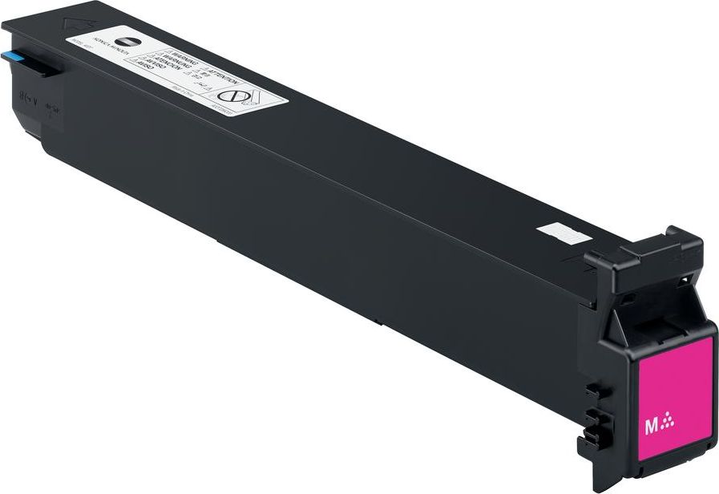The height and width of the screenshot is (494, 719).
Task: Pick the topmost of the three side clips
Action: pos(593,392)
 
